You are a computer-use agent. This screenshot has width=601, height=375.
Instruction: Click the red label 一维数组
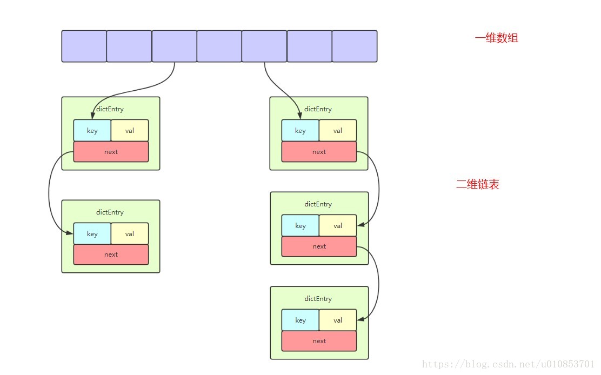tap(496, 38)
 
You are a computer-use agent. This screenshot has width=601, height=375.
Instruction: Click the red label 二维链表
tap(478, 184)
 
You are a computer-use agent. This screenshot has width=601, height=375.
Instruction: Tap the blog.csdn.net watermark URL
tap(508, 364)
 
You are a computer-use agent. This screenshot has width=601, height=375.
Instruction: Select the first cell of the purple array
tap(84, 46)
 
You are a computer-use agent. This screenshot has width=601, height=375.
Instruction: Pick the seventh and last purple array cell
tap(355, 46)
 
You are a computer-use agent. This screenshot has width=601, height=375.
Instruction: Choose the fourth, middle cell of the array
tap(219, 46)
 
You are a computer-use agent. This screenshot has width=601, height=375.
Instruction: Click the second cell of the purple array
tap(129, 46)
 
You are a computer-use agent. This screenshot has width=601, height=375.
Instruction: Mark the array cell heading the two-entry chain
tap(175, 46)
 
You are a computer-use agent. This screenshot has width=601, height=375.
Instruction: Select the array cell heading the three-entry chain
tap(264, 46)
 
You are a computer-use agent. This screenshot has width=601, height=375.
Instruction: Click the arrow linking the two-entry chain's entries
tap(49, 191)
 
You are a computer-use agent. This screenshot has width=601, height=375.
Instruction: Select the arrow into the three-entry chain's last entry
tap(379, 284)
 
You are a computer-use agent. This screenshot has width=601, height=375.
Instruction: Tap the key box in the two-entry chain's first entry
tap(92, 131)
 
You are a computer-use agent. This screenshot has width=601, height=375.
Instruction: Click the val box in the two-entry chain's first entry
tap(130, 131)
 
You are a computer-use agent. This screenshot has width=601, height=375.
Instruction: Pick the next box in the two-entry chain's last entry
tap(111, 255)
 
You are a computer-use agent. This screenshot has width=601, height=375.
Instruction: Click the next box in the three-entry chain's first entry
tap(319, 152)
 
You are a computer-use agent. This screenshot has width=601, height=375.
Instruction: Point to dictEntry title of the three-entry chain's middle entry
tap(318, 204)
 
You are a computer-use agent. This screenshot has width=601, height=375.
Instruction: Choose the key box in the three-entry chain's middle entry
tap(300, 226)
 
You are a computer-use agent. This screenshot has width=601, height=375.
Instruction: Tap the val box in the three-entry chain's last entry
tap(338, 320)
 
